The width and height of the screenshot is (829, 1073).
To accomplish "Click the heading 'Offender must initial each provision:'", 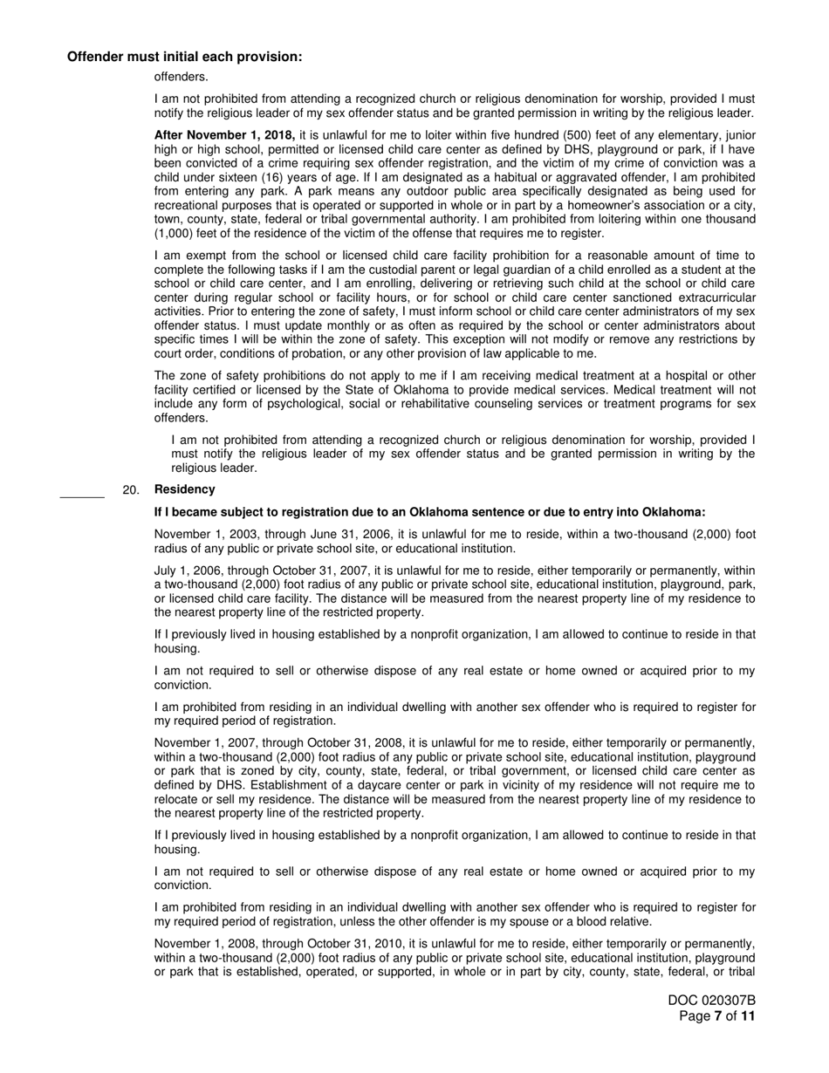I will pos(185,57).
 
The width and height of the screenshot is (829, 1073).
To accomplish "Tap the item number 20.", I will pos(131,490).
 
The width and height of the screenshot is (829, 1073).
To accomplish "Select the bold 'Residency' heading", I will pos(184,489).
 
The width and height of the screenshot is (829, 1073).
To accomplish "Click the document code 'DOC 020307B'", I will pos(712,1001).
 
